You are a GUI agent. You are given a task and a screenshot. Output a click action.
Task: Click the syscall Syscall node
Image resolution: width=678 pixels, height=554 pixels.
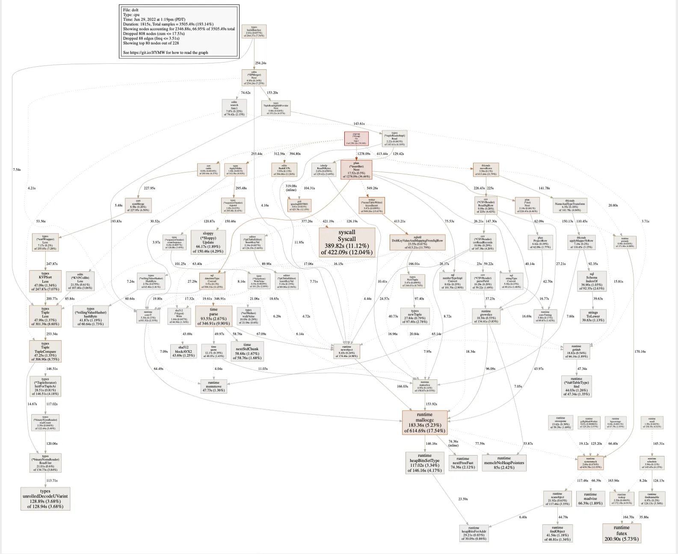[347, 242]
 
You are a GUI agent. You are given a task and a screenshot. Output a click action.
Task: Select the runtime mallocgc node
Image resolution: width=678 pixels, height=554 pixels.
[424, 423]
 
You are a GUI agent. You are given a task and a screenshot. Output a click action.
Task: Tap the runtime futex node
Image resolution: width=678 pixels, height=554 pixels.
[622, 533]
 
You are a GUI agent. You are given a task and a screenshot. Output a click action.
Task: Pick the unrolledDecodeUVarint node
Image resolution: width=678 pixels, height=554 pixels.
[45, 499]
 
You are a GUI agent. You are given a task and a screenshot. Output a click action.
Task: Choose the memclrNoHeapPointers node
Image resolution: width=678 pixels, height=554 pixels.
[504, 463]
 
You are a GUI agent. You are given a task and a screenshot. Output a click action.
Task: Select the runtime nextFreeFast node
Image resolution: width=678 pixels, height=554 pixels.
[463, 463]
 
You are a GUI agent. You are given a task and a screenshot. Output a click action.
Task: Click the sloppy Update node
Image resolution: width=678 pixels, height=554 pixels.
[208, 242]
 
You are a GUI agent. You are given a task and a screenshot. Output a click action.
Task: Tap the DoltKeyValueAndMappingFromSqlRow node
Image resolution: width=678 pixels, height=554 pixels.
[417, 242]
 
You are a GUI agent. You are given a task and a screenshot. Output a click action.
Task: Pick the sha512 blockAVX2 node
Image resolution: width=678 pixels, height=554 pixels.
[184, 351]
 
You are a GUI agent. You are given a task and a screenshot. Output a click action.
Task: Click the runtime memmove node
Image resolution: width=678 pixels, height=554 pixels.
[213, 386]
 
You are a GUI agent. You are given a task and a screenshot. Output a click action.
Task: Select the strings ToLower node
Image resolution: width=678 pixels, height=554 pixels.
[593, 316]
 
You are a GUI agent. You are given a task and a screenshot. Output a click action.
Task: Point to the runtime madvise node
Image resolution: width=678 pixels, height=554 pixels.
[590, 499]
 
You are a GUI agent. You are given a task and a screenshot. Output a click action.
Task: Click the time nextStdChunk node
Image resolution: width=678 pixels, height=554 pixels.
[247, 351]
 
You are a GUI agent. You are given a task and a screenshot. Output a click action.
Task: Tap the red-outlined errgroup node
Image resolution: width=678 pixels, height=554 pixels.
[356, 138]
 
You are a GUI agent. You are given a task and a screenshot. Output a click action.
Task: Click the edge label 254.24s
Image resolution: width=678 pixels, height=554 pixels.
[261, 63]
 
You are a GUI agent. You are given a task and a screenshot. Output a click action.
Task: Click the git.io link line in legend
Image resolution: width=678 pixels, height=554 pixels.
[166, 53]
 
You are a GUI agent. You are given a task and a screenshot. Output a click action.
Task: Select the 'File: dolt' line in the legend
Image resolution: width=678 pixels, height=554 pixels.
[131, 10]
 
